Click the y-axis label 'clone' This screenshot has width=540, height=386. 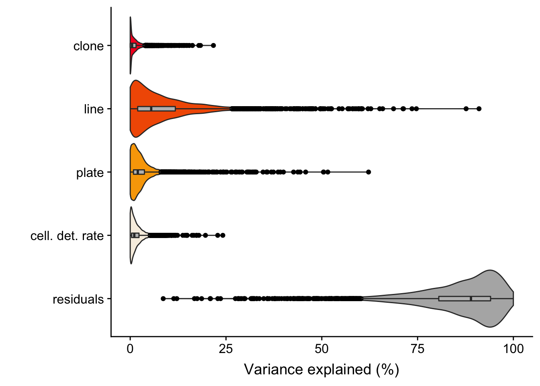pyautogui.click(x=88, y=46)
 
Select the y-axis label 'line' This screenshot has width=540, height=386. pyautogui.click(x=94, y=109)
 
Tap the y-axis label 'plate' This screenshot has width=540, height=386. pyautogui.click(x=90, y=173)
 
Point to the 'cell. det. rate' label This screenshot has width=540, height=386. pyautogui.click(x=67, y=236)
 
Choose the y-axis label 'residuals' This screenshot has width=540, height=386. pyautogui.click(x=78, y=300)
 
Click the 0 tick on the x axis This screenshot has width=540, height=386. pyautogui.click(x=130, y=349)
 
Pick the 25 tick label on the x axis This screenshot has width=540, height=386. pyautogui.click(x=226, y=349)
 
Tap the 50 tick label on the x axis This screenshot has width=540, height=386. pyautogui.click(x=321, y=349)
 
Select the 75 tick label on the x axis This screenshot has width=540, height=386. pyautogui.click(x=417, y=349)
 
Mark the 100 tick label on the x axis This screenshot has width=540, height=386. pyautogui.click(x=513, y=349)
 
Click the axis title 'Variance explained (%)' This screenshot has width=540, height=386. pyautogui.click(x=321, y=370)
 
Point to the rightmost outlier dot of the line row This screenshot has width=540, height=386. pyautogui.click(x=479, y=109)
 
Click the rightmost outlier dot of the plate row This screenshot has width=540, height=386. pyautogui.click(x=368, y=172)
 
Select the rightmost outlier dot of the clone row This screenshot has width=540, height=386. pyautogui.click(x=213, y=45)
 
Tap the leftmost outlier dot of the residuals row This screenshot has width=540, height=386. pyautogui.click(x=163, y=298)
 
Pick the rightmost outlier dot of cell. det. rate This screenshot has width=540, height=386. pyautogui.click(x=223, y=235)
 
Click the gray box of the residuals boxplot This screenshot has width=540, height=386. pyautogui.click(x=454, y=298)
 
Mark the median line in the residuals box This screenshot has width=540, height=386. pyautogui.click(x=471, y=298)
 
